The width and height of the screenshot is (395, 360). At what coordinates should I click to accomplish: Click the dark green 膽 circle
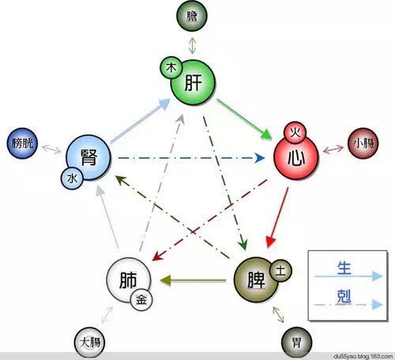pos(192,16)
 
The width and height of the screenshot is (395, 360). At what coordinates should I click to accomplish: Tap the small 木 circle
pos(171,68)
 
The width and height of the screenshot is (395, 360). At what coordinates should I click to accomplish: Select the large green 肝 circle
pos(193,82)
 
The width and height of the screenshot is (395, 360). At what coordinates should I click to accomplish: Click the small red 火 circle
pos(295,133)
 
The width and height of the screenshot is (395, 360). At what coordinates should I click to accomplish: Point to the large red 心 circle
pos(296,157)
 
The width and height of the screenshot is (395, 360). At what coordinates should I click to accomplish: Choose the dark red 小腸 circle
pos(363,144)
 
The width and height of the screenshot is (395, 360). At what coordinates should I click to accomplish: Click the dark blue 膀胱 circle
pos(22,143)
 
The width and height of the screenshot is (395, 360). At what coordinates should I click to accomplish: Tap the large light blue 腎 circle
pos(88,157)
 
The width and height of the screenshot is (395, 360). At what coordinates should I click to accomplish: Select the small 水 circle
pos(72,178)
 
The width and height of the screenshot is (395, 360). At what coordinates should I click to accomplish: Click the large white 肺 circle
pos(129,279)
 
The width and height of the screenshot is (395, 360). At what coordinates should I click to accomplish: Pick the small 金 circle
pos(141,299)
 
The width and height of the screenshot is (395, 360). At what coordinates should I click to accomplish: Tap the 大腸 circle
pos(89,343)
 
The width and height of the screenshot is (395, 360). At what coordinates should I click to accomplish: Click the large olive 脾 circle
pos(256,279)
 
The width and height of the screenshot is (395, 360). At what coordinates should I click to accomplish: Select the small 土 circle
pos(280,270)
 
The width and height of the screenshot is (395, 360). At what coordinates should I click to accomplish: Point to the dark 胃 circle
pos(297,343)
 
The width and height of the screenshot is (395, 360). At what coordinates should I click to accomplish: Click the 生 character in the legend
pos(344,268)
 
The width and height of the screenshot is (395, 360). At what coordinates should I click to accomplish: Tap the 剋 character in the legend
pos(344,296)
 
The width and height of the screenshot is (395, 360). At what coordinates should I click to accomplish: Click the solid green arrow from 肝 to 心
pos(244,120)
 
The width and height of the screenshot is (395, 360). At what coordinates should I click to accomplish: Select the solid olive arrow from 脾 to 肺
pos(193,280)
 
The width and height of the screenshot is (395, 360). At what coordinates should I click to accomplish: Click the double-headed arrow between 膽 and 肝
pos(193,46)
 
